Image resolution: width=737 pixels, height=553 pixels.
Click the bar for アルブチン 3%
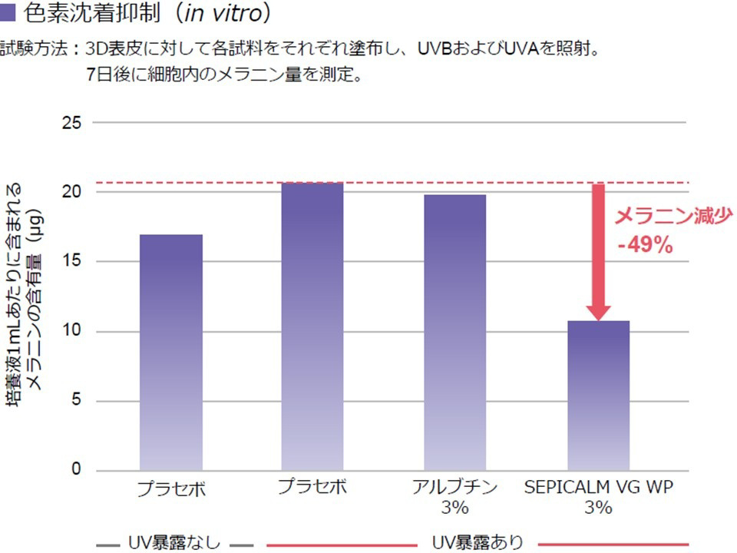pyautogui.click(x=454, y=332)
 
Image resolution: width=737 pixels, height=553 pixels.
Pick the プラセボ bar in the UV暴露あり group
pyautogui.click(x=312, y=326)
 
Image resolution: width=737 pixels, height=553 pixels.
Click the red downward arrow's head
pyautogui.click(x=598, y=310)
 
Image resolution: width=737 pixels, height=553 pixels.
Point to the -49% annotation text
pyautogui.click(x=645, y=246)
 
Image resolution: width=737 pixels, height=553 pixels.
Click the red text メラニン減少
pyautogui.click(x=669, y=216)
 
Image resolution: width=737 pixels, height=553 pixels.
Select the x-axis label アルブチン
pyautogui.click(x=454, y=488)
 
